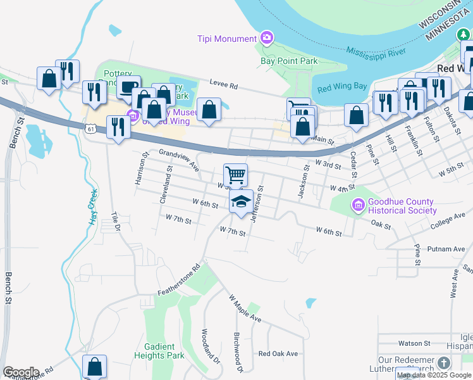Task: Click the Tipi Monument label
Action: tap(228, 39)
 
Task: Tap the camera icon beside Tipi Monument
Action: tap(266, 39)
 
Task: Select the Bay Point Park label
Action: tap(289, 61)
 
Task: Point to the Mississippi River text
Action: tap(376, 51)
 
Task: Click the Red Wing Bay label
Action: tap(341, 87)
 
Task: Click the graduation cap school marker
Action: tap(240, 202)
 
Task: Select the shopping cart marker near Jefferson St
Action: tap(235, 174)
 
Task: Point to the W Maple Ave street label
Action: tap(245, 308)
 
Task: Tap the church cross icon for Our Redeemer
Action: tap(444, 364)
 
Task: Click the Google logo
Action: tap(20, 372)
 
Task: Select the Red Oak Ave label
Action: tap(278, 353)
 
